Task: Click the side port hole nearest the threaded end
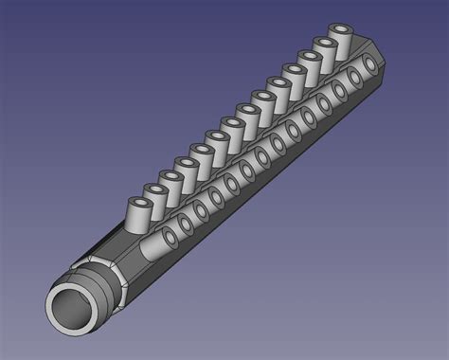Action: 170,237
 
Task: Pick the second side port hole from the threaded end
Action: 186,222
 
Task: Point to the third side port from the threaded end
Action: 202,208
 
